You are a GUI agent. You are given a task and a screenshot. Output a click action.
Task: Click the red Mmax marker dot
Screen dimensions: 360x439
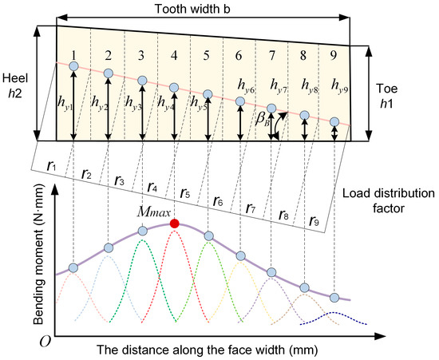174,224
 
